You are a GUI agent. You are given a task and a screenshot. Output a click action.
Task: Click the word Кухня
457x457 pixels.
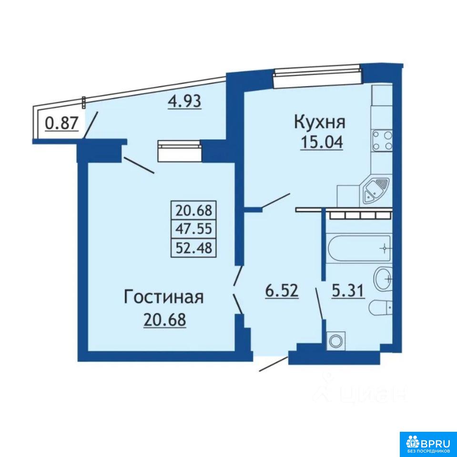(320, 122)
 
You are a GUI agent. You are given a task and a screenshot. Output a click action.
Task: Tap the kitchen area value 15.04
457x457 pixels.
(322, 142)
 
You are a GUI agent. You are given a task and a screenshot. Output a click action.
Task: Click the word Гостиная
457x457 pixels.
(164, 298)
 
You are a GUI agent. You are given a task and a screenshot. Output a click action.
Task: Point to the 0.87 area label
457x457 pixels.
(62, 123)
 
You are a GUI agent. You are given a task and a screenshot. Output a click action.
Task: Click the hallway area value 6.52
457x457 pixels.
(282, 290)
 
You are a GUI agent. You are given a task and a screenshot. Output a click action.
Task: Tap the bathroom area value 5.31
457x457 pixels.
(348, 290)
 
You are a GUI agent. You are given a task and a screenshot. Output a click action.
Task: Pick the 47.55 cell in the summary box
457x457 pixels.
(193, 228)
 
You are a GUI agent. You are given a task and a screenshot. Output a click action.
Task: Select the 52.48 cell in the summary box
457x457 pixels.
(193, 248)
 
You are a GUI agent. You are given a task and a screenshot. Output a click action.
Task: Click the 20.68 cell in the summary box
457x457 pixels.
(193, 210)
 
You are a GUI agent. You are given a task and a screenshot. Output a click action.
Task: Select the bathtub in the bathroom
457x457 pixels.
(359, 248)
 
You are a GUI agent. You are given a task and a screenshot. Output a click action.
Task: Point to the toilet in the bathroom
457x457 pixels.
(381, 307)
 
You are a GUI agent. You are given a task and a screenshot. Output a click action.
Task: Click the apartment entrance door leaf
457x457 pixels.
(273, 363)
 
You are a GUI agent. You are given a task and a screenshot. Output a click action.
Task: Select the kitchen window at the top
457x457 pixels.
(317, 76)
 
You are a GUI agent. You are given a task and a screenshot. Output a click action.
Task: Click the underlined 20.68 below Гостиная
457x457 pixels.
(164, 320)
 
